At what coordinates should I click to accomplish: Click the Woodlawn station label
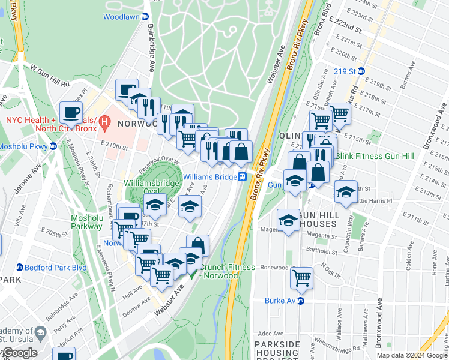point(121,17)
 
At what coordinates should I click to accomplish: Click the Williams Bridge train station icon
point(243,176)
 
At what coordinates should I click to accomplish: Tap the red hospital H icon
point(105,124)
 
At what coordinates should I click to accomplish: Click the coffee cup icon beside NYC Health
point(71,113)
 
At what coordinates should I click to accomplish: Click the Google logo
point(19,352)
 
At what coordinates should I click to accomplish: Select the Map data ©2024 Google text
point(412,355)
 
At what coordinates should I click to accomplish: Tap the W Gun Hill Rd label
point(50,74)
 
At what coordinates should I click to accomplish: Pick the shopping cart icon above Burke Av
point(301,277)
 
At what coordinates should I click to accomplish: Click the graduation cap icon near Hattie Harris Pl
point(346,192)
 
